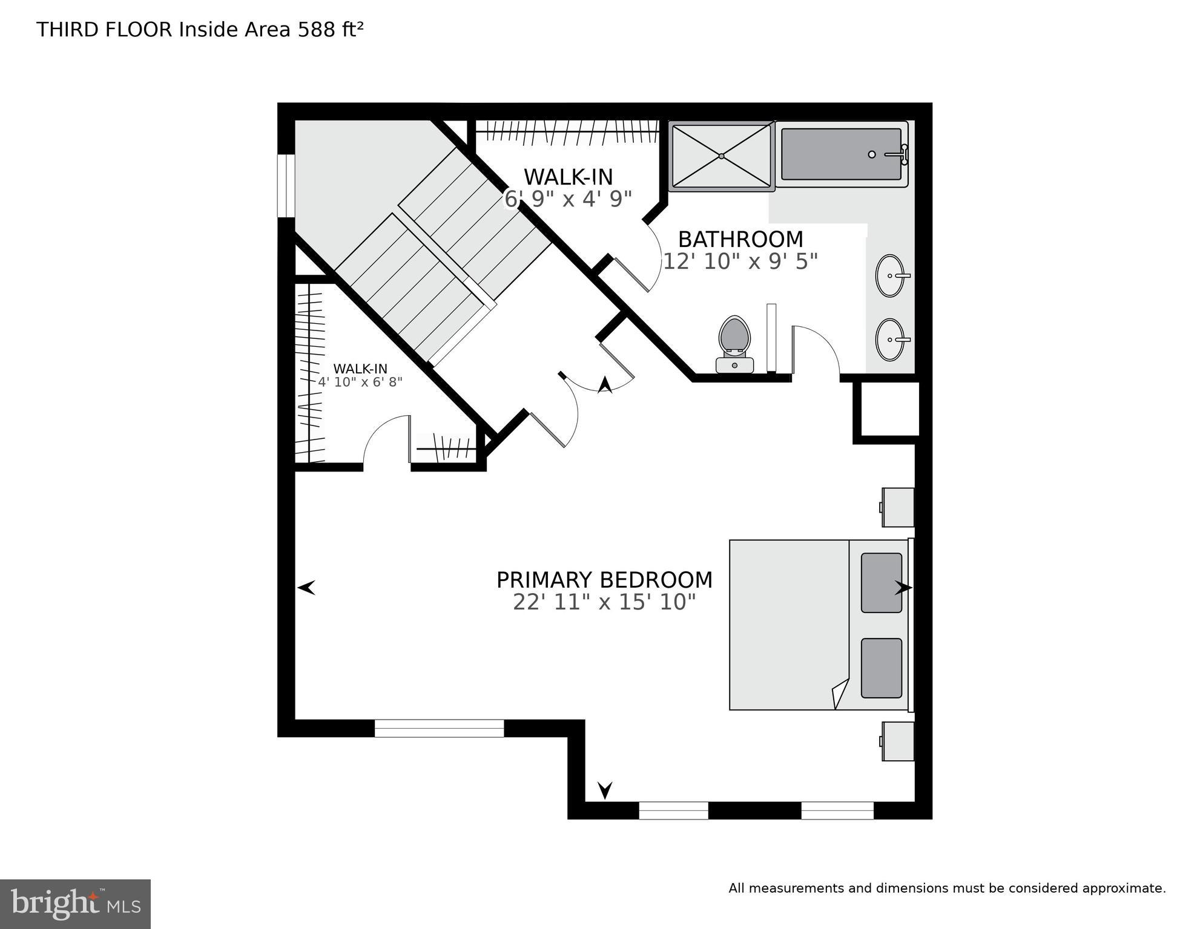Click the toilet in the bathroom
tap(734, 343)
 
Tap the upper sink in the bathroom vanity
tap(890, 275)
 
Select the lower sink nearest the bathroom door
tap(890, 340)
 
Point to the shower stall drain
tap(722, 156)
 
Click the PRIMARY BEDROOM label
tap(604, 580)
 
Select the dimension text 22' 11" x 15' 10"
tap(604, 602)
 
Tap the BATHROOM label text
tap(740, 240)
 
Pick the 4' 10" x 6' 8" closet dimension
tap(360, 382)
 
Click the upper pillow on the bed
tap(882, 582)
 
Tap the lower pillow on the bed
tap(882, 668)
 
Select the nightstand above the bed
tap(898, 507)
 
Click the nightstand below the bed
tap(898, 741)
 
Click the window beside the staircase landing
tap(286, 185)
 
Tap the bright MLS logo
tap(75, 904)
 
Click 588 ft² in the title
tap(330, 30)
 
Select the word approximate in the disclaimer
tap(1124, 888)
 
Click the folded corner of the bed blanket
tap(841, 693)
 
